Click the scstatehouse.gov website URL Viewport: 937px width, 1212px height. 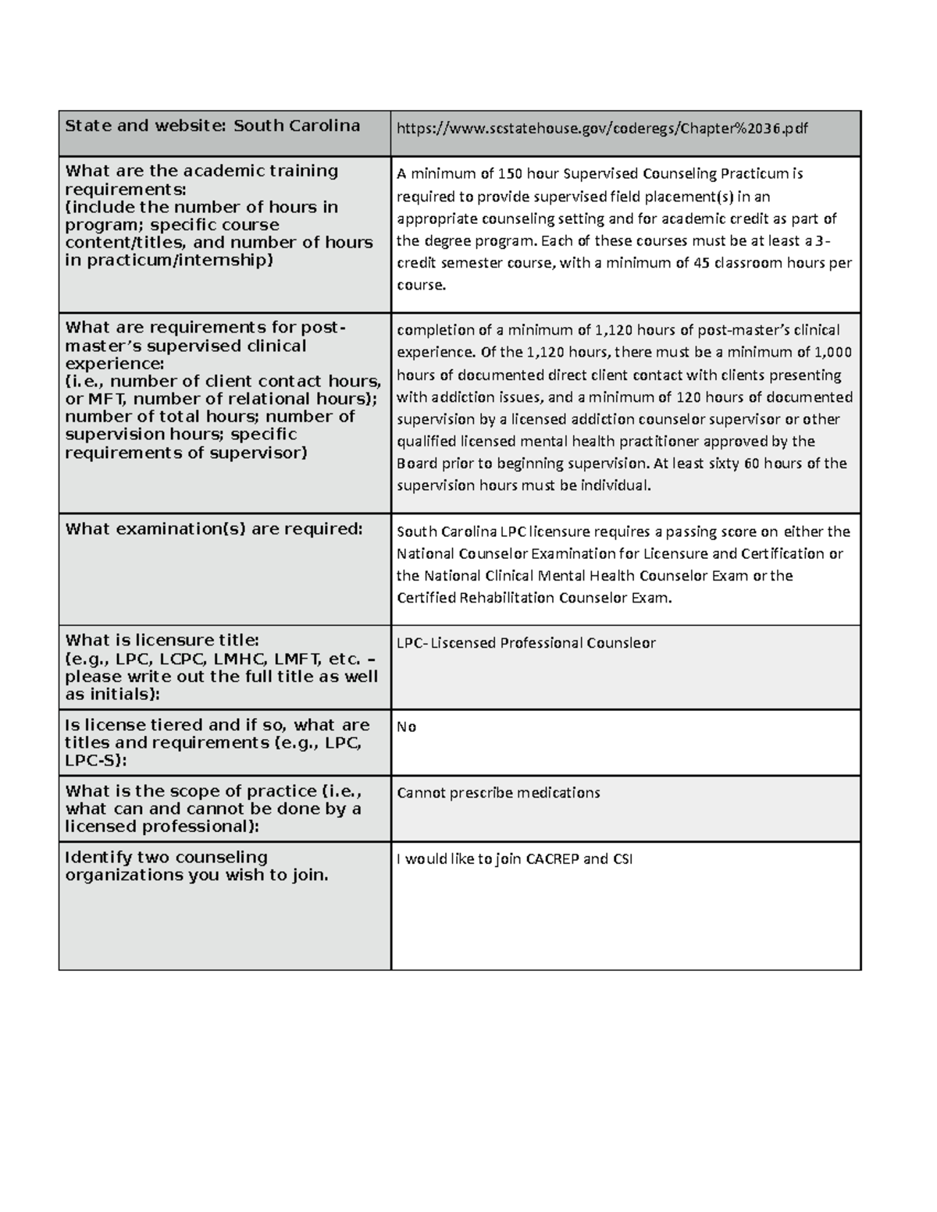pyautogui.click(x=602, y=129)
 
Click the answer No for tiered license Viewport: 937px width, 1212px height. pyautogui.click(x=406, y=727)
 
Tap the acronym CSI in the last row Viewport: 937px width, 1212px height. pyautogui.click(x=622, y=859)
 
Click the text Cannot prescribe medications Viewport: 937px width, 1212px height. pyautogui.click(x=498, y=793)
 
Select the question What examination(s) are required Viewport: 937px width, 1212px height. pyautogui.click(x=214, y=529)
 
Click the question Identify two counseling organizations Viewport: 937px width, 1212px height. pyautogui.click(x=197, y=866)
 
